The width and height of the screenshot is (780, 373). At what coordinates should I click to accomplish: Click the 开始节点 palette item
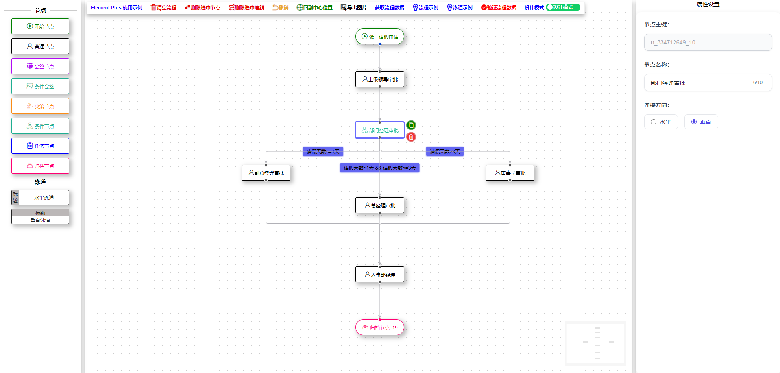(x=40, y=26)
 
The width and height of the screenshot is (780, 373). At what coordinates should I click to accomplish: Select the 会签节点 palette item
(x=40, y=66)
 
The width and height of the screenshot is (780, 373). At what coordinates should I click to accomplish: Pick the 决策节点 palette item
(x=40, y=106)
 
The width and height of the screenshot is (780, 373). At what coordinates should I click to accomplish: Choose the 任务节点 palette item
(x=40, y=146)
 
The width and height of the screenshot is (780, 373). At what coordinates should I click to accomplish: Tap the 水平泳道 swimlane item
(x=40, y=198)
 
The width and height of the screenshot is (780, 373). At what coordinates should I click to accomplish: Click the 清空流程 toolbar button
(x=163, y=8)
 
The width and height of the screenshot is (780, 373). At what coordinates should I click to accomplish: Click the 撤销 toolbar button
(x=281, y=8)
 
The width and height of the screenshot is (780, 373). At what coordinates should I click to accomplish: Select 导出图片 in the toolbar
(x=353, y=8)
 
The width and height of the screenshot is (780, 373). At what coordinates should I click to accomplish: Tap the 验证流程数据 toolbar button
(x=499, y=8)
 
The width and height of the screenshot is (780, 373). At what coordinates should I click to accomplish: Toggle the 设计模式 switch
(x=563, y=7)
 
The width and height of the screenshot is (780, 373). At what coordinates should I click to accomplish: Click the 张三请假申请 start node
(x=380, y=37)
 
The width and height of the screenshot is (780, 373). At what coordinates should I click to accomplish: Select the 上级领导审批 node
(x=380, y=79)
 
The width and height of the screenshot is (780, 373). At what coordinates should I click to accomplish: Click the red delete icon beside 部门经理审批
(x=411, y=137)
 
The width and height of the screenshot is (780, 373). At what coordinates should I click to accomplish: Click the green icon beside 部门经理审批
(x=411, y=125)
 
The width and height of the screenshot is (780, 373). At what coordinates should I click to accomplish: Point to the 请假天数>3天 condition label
(x=445, y=152)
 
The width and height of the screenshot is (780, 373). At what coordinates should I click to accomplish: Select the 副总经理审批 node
(x=266, y=173)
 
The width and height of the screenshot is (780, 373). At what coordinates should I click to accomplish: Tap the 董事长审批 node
(x=510, y=173)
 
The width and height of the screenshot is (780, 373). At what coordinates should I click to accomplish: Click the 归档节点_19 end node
(x=380, y=327)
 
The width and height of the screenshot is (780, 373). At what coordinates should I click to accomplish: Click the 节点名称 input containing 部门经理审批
(x=699, y=83)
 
